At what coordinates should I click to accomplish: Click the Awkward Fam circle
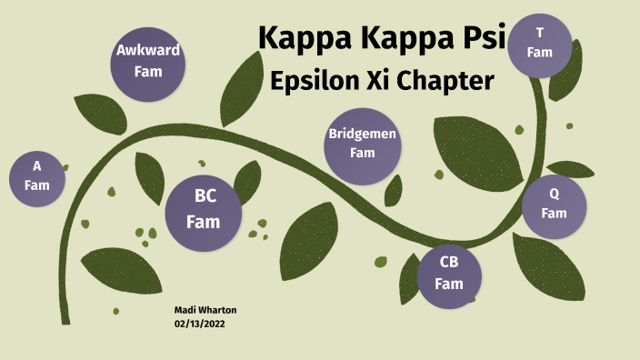[147, 60]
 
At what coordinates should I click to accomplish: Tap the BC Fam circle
[204, 208]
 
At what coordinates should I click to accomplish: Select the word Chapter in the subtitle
[450, 81]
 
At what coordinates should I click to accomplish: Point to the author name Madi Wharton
[205, 310]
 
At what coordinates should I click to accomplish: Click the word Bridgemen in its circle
[363, 135]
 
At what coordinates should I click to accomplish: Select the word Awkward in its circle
[147, 51]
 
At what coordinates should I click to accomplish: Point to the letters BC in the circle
[204, 196]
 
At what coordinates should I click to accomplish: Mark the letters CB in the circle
[449, 262]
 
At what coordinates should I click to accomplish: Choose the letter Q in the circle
[554, 194]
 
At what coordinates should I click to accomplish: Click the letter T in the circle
[540, 34]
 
